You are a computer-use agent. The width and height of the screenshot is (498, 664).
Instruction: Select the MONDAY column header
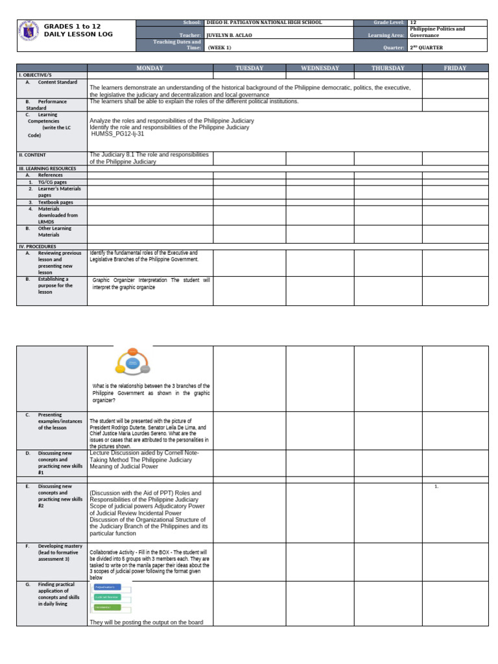tap(150, 68)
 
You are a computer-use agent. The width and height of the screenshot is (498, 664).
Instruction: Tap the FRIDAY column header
tap(455, 68)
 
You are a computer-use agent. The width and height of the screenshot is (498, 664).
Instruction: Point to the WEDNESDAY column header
tap(320, 68)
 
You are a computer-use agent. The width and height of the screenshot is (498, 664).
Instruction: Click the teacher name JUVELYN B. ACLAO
tap(230, 35)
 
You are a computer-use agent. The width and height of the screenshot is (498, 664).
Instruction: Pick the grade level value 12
tap(413, 22)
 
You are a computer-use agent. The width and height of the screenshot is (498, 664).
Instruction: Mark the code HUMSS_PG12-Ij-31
tap(117, 134)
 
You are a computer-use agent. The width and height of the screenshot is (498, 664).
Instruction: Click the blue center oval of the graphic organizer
tap(132, 363)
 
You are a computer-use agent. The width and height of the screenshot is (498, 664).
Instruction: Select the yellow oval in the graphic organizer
tap(120, 370)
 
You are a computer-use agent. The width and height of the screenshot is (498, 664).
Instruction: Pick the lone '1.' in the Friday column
tap(437, 486)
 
